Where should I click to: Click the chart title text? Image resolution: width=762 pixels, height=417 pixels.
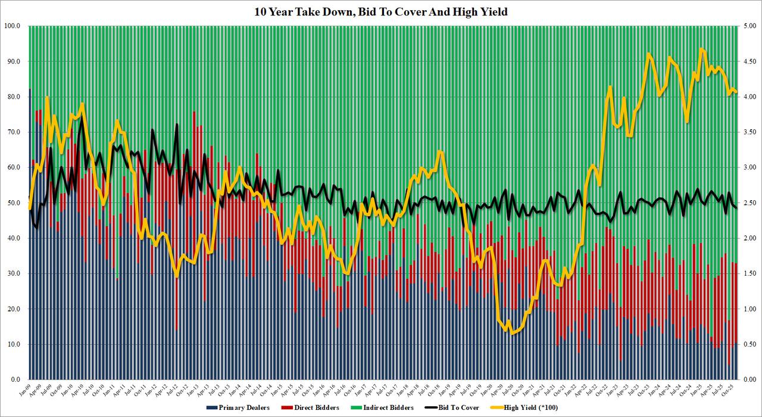coord(381,11)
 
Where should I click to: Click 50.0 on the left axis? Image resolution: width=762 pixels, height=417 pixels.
coord(14,203)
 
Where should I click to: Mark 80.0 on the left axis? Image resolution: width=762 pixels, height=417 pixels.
coord(14,97)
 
